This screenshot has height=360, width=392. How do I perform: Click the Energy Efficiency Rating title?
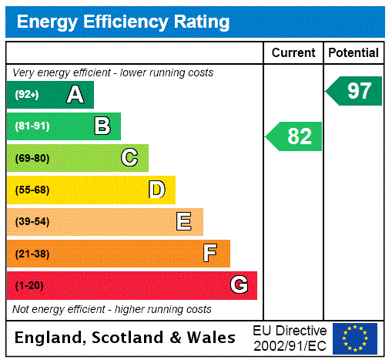tap(123, 22)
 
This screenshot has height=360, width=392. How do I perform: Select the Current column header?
tap(293, 52)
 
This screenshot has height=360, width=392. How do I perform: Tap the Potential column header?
tap(353, 52)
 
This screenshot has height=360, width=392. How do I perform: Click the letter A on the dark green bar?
tap(75, 95)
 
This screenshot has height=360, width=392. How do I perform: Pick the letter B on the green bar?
tap(102, 126)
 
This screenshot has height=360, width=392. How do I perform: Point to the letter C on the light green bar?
tap(129, 158)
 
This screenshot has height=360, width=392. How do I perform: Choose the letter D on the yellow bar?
tap(156, 190)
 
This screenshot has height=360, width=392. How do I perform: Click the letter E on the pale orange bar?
tap(184, 222)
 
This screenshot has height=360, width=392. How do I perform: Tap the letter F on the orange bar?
tap(210, 253)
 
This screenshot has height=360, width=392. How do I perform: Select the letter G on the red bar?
tap(239, 285)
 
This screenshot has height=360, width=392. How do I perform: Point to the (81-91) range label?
tap(32, 126)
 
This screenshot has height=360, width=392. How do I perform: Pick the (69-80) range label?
tap(32, 158)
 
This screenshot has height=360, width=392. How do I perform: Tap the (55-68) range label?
tap(32, 190)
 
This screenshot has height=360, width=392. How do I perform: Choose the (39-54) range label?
tap(32, 222)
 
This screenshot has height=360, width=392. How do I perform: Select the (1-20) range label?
tap(29, 286)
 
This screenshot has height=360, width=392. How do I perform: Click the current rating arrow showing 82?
tap(295, 136)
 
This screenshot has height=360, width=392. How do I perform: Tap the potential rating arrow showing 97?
tap(354, 91)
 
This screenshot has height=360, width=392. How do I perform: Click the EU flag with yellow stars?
tap(355, 338)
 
